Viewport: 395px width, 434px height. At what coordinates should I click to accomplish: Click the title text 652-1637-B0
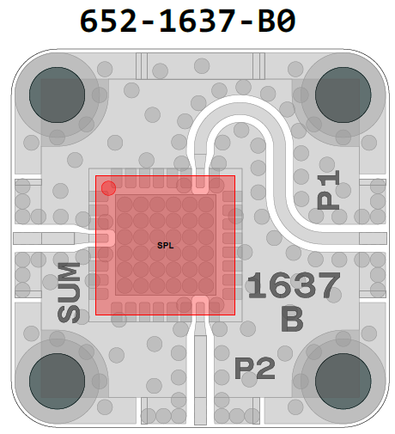(x=187, y=21)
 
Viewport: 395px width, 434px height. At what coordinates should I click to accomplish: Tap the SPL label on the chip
(x=166, y=246)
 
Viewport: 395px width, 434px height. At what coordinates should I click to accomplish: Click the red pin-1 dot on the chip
(x=108, y=188)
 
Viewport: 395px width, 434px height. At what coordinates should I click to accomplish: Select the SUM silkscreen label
(x=69, y=292)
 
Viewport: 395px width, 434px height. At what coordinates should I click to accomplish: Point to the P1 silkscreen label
(x=328, y=189)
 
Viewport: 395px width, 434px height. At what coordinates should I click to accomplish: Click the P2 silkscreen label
(x=255, y=369)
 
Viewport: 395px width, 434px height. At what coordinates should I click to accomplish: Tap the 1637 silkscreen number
(x=294, y=285)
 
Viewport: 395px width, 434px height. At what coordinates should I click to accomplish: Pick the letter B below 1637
(x=292, y=319)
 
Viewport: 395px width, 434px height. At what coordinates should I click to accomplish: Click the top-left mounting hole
(x=57, y=95)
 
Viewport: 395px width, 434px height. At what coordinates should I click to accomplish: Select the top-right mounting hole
(x=343, y=95)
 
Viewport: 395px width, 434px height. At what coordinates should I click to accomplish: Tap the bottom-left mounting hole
(x=57, y=381)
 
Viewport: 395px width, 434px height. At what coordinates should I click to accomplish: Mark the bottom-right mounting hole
(x=343, y=381)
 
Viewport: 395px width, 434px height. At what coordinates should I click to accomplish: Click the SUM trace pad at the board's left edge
(x=27, y=239)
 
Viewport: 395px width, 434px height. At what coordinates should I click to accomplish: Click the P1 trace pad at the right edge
(x=373, y=239)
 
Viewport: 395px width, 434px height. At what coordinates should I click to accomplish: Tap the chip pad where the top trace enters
(x=200, y=185)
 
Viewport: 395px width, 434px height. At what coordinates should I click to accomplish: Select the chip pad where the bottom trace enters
(x=200, y=305)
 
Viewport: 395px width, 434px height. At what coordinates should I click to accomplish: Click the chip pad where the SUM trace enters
(x=105, y=238)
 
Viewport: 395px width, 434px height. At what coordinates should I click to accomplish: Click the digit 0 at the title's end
(x=286, y=21)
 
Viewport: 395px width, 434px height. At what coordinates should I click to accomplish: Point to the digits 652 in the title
(x=108, y=21)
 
